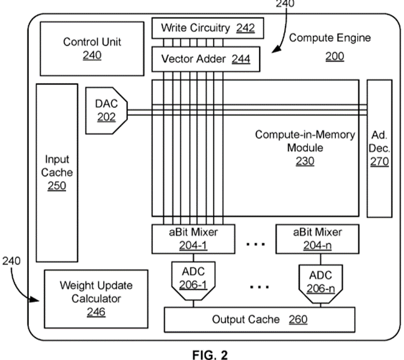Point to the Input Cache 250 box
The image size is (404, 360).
point(57,172)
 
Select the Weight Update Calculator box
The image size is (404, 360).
point(96,298)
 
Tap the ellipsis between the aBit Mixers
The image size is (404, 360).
point(256,244)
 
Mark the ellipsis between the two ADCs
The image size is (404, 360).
point(258,286)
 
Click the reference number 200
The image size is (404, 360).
point(334,57)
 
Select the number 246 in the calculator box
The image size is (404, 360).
point(96,312)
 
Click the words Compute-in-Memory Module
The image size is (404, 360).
point(305,141)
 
